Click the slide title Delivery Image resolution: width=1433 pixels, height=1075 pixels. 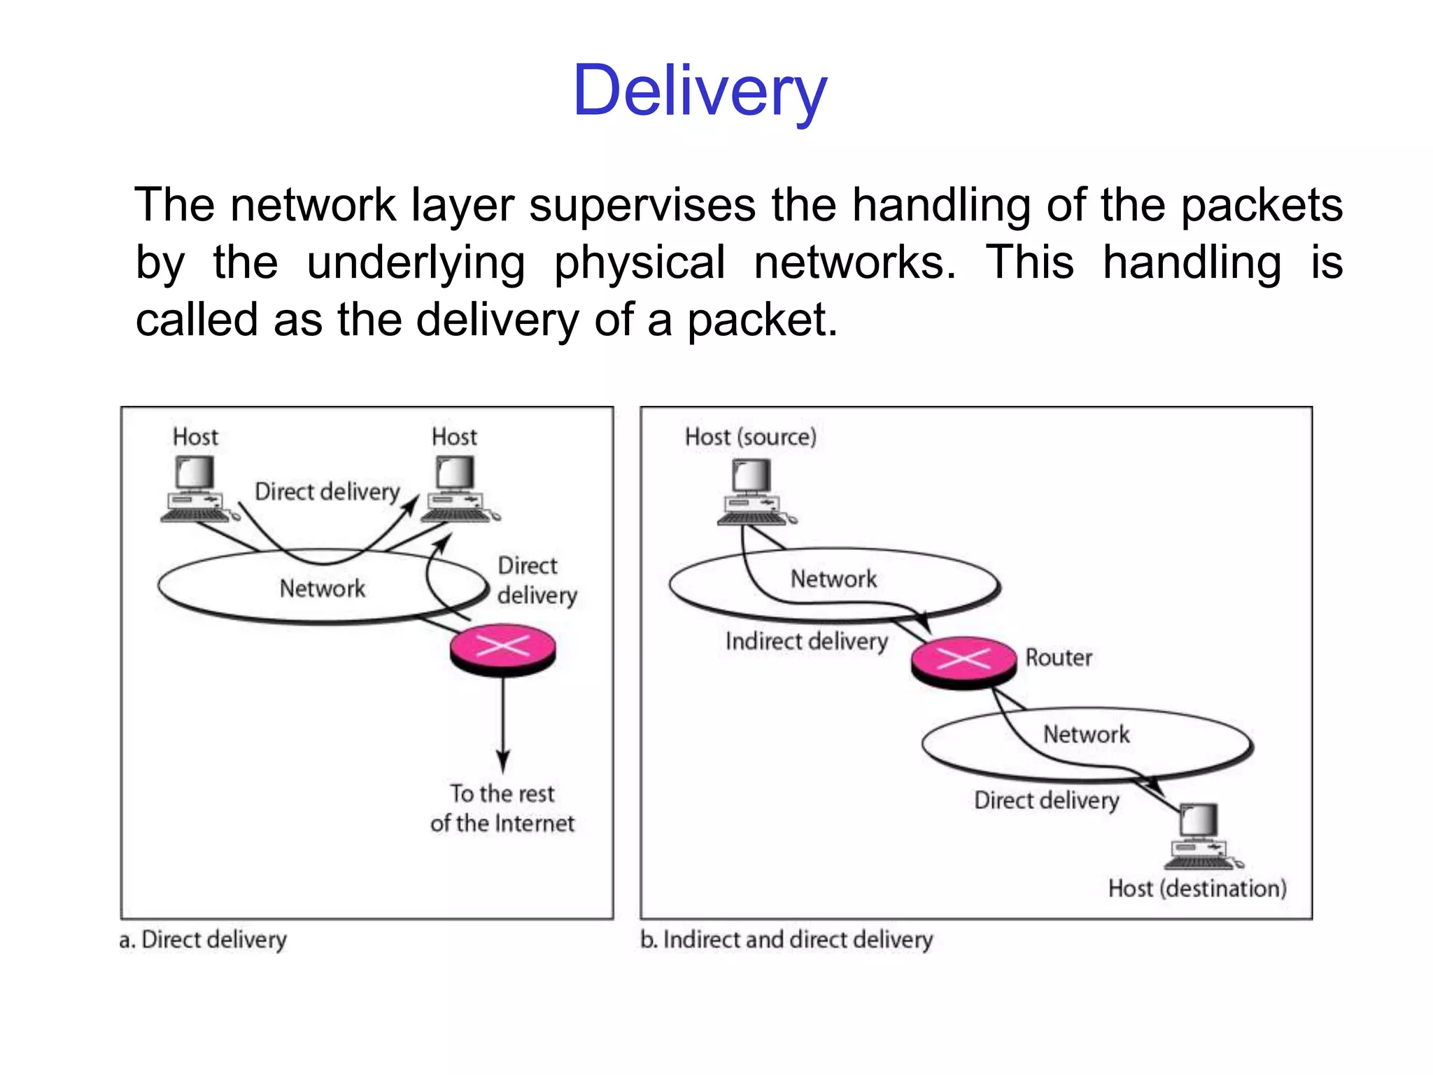click(x=700, y=91)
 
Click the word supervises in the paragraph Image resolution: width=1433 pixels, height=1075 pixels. click(x=642, y=205)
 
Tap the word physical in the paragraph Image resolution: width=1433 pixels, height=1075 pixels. click(x=639, y=263)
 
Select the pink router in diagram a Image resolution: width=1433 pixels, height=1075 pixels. click(x=502, y=649)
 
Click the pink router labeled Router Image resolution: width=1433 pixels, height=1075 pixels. click(x=963, y=662)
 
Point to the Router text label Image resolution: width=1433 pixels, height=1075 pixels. click(x=1058, y=658)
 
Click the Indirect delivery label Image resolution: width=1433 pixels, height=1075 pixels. click(x=806, y=641)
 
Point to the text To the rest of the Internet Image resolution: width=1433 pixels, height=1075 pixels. click(x=502, y=808)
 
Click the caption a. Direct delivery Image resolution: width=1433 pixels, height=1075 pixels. click(x=203, y=939)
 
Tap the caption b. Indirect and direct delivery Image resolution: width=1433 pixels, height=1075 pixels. click(x=786, y=939)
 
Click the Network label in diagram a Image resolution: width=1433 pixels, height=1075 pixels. click(x=322, y=589)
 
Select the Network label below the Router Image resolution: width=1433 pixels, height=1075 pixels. click(x=1086, y=734)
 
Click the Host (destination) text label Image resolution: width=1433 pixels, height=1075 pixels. click(x=1197, y=889)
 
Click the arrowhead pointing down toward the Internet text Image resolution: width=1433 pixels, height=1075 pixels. click(x=503, y=761)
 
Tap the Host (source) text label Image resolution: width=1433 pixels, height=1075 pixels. click(x=750, y=437)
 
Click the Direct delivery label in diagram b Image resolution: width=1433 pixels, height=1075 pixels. click(x=1046, y=800)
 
